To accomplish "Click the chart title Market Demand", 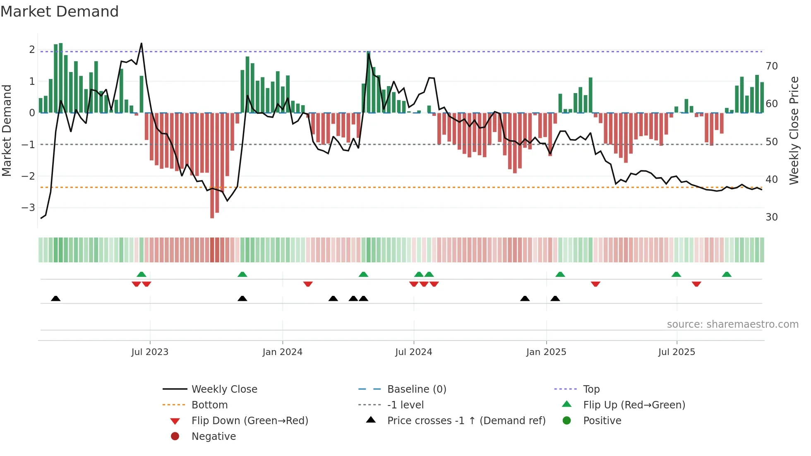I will [60, 12].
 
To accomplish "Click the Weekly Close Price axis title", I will [794, 130].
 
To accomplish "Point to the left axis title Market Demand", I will [7, 130].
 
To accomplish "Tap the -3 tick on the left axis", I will [29, 207].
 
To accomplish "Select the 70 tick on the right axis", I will [772, 66].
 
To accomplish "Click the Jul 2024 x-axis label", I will [413, 352].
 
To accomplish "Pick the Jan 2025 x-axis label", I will [546, 352].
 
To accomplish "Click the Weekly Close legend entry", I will [224, 389].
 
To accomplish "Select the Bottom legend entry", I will [209, 405].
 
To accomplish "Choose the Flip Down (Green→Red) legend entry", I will [250, 420].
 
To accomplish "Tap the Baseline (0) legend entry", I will [416, 389].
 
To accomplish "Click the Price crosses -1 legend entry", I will [466, 420].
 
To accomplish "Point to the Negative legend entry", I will [214, 436].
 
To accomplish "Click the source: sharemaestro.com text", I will [732, 324].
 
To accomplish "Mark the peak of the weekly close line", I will [142, 43].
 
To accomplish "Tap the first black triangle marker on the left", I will [56, 298].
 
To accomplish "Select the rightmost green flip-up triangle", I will [727, 274].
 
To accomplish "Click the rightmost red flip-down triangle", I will [696, 284].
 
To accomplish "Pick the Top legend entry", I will [591, 389].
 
